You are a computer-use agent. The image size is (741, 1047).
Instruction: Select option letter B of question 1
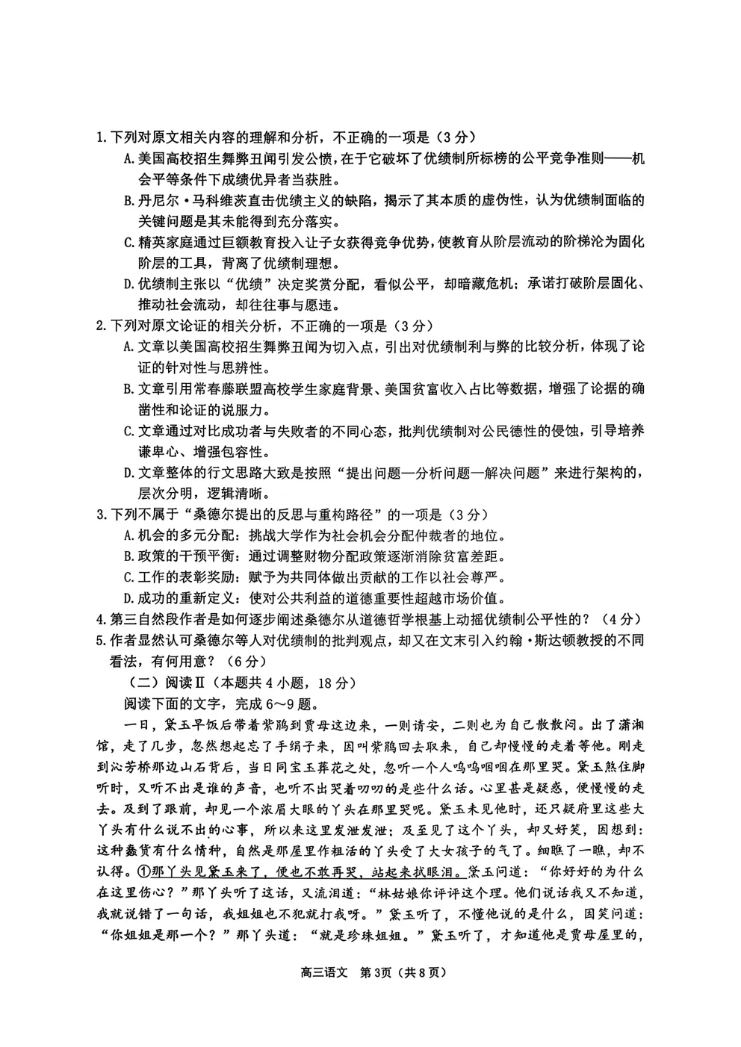[x=128, y=201]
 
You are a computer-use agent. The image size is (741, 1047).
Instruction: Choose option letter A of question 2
[x=128, y=347]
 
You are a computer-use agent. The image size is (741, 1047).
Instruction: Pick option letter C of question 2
[x=128, y=432]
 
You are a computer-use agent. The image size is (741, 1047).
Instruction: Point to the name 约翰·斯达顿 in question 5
[x=527, y=641]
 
